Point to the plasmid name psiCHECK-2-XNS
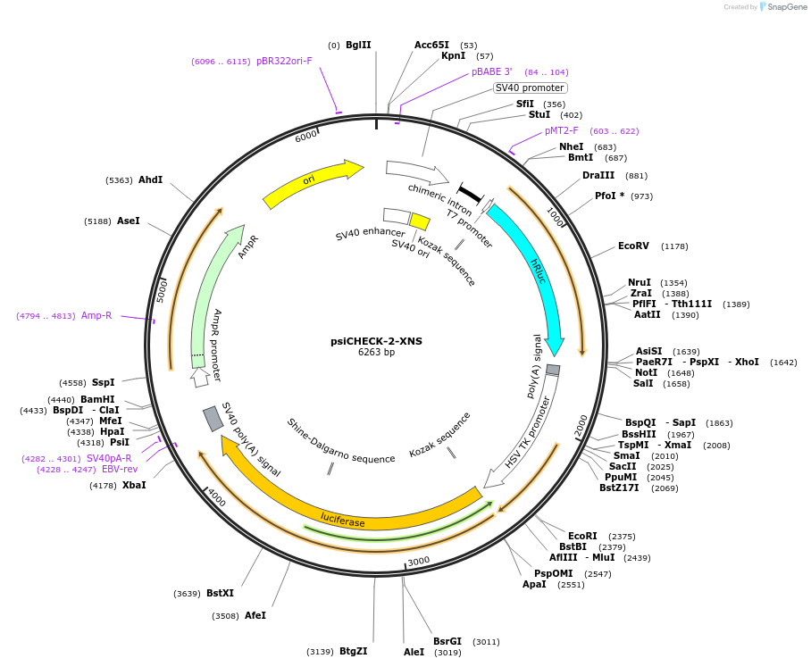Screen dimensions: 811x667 click(x=377, y=341)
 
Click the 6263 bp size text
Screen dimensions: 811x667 click(x=377, y=352)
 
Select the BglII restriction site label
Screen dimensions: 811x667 click(x=358, y=45)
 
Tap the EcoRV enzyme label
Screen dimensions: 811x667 click(x=633, y=246)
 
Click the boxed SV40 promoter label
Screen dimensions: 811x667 click(x=530, y=88)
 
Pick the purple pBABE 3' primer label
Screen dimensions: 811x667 click(x=492, y=71)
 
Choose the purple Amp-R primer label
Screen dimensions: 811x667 click(x=96, y=315)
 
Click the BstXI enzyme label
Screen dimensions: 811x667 click(x=221, y=593)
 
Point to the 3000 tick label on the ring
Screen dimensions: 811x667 click(x=418, y=561)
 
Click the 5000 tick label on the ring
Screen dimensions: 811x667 click(x=162, y=292)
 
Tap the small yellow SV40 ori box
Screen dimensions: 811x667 click(x=420, y=221)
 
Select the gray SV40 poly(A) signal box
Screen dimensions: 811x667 click(x=213, y=419)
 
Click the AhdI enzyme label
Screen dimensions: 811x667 click(x=151, y=179)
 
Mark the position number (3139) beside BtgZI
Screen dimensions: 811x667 click(x=320, y=652)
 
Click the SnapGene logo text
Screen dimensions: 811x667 click(x=786, y=7)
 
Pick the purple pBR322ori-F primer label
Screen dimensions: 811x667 click(x=284, y=61)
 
